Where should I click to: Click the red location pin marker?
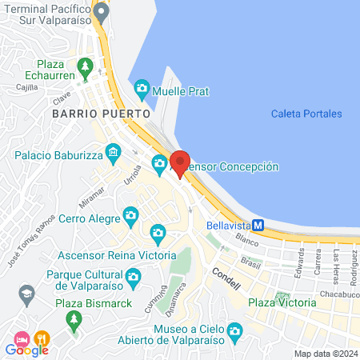(x=179, y=163)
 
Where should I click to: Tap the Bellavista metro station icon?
(x=258, y=225)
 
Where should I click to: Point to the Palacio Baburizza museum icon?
(x=114, y=151)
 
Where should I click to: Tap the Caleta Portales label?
(x=306, y=114)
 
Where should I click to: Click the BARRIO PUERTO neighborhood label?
(x=101, y=114)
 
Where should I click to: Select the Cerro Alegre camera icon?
(x=130, y=214)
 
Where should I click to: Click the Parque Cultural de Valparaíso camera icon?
(x=133, y=277)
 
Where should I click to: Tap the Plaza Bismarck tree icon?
(x=74, y=319)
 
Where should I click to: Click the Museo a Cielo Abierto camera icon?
(x=234, y=330)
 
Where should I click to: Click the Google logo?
(x=26, y=349)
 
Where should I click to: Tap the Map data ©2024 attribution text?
(x=325, y=353)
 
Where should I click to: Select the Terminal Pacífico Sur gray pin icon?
(x=100, y=12)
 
